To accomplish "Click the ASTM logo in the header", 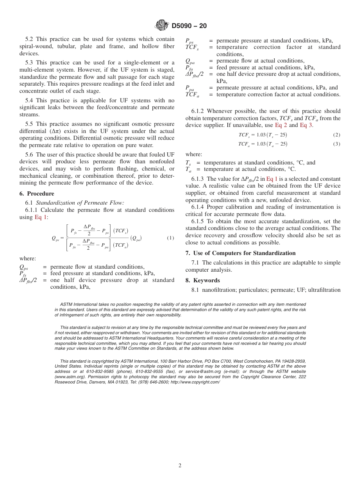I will click(x=162, y=26).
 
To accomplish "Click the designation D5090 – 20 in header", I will click(x=189, y=26).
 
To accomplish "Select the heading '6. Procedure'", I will click(x=37, y=194).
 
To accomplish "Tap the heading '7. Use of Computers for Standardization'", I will click(x=240, y=253).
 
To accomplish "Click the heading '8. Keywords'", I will click(x=202, y=280).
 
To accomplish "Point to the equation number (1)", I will click(x=171, y=238).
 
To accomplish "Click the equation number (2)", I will click(x=337, y=135).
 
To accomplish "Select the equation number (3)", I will click(x=337, y=144).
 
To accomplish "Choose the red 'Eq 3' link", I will click(x=306, y=125).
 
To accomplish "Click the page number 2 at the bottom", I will click(x=180, y=466).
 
